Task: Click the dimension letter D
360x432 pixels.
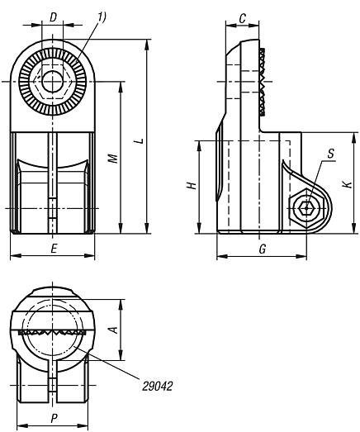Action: [x=53, y=17]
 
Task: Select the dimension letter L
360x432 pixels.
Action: [x=140, y=140]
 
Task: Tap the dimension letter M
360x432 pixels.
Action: [x=113, y=159]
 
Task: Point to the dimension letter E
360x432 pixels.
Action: [x=54, y=249]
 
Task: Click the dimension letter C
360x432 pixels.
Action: [x=243, y=19]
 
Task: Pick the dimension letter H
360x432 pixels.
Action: [x=192, y=185]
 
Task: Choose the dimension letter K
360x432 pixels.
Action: [x=348, y=184]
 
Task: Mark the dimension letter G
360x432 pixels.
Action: [x=263, y=249]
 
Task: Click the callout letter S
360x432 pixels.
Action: [x=331, y=154]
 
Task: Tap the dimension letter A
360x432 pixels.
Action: [x=113, y=330]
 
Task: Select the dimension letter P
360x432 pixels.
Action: [x=54, y=419]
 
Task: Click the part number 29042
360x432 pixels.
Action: [x=157, y=387]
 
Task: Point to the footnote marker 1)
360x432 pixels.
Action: [x=101, y=17]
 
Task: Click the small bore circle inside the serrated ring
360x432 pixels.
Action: [x=52, y=82]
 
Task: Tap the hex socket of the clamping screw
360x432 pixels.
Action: [x=306, y=208]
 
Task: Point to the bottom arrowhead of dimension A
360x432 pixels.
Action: [x=121, y=355]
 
